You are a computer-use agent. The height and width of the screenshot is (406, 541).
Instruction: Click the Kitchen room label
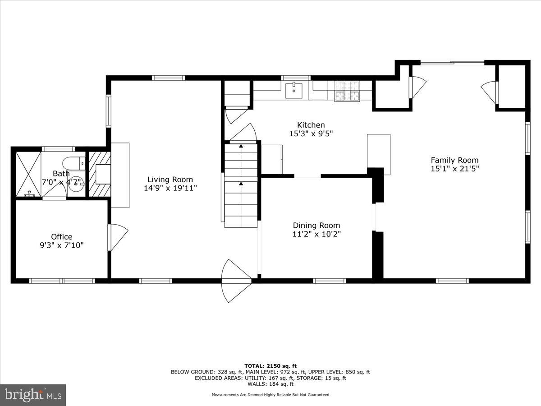[x=311, y=125]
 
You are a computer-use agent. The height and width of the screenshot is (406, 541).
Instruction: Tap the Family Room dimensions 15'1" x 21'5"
[x=454, y=169]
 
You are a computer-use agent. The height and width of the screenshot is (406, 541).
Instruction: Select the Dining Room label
[x=316, y=226]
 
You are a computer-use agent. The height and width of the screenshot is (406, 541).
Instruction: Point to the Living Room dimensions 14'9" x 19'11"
[x=170, y=188]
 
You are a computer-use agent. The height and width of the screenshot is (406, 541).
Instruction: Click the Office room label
[x=61, y=237]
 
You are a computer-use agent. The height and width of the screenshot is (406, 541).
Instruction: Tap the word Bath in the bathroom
[x=61, y=174]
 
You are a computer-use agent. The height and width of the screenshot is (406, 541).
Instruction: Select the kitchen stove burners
[x=347, y=90]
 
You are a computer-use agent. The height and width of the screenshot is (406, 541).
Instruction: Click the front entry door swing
[x=235, y=281]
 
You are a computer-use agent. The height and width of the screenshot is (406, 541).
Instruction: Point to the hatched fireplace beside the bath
[x=99, y=174]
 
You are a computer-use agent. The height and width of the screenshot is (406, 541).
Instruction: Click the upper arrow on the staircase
[x=241, y=147]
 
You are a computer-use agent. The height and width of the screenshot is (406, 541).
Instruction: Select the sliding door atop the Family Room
[x=452, y=63]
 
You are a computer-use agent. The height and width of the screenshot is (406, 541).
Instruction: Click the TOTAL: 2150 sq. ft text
[x=270, y=366]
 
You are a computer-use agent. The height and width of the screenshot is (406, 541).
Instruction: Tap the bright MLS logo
[x=33, y=395]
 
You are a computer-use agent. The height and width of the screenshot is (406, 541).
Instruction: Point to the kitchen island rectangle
[x=379, y=154]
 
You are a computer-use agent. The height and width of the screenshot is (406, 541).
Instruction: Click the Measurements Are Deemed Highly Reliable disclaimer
[x=270, y=395]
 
